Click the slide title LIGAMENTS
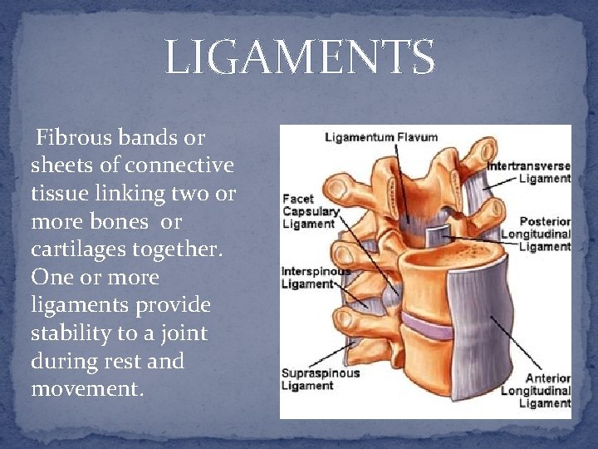[299, 57]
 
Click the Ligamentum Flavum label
[381, 137]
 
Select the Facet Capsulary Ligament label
[310, 211]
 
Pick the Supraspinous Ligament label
[320, 379]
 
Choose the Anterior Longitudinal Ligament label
[544, 390]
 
